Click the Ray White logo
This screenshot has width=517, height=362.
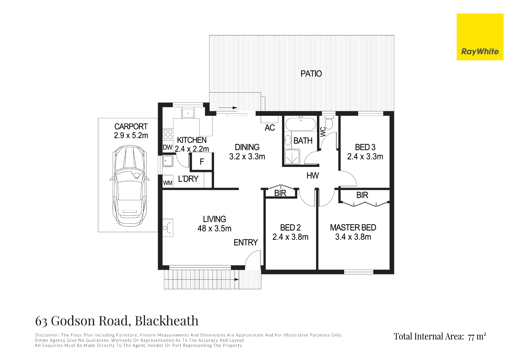(480, 37)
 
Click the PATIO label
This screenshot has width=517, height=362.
(311, 74)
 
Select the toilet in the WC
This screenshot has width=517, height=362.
(329, 122)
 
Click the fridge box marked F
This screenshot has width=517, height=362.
(202, 162)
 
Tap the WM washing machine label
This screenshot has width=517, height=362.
(168, 183)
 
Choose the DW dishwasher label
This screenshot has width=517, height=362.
(168, 147)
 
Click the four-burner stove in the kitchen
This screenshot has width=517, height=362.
(168, 134)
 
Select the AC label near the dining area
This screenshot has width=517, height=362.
(270, 128)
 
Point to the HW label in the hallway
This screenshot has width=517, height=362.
(313, 176)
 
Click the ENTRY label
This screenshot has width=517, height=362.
(246, 242)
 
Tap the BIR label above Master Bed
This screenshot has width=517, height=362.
(362, 195)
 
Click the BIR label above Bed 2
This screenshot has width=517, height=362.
(280, 193)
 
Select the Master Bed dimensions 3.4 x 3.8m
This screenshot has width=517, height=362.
(353, 237)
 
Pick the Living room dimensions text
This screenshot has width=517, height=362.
(214, 228)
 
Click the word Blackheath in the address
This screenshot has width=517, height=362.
(167, 321)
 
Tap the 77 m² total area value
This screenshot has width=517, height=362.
(477, 336)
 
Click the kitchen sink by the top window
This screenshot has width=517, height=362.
(188, 113)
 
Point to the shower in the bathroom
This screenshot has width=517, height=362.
(292, 157)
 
